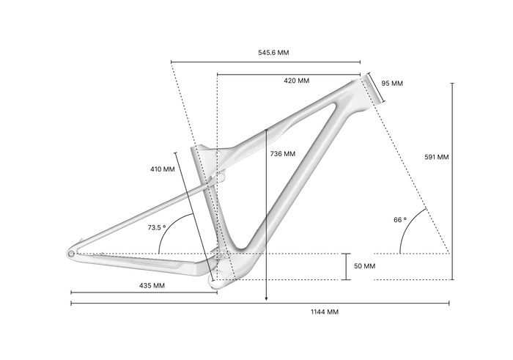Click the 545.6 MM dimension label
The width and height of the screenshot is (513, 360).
(x=273, y=53)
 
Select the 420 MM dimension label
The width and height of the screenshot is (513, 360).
(x=296, y=81)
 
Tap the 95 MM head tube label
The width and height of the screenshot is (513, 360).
(x=392, y=84)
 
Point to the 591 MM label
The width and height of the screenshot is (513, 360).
(x=437, y=157)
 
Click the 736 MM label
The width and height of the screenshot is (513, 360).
(x=283, y=154)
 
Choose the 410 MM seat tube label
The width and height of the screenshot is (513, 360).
(x=162, y=169)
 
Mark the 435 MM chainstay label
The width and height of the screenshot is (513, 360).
(x=152, y=286)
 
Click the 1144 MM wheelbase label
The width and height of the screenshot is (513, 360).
(x=325, y=312)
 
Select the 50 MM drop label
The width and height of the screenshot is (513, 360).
(x=364, y=266)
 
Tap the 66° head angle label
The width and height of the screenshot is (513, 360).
(x=400, y=220)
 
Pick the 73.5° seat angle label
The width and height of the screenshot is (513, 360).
(x=156, y=227)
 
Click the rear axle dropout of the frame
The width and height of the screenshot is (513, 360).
(x=71, y=254)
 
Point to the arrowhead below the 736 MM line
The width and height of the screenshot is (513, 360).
(x=266, y=298)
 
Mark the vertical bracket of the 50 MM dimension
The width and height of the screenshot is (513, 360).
(x=346, y=267)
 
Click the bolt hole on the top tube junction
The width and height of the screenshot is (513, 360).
(x=218, y=153)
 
